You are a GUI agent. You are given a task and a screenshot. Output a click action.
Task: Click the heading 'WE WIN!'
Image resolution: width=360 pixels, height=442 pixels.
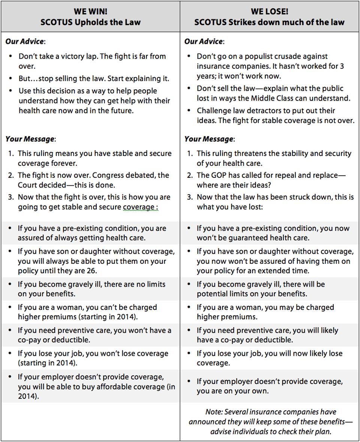[x=90, y=12]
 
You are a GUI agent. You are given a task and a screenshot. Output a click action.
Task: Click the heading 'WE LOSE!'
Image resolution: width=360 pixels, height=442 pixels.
[x=269, y=12]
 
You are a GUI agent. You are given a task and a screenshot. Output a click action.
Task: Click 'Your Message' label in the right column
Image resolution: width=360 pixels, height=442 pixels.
[x=209, y=139]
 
